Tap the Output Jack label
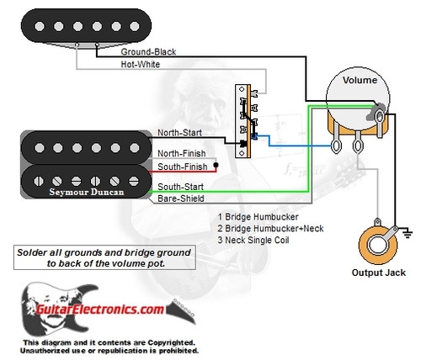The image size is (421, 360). (378, 273)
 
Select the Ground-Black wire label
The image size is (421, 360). (148, 51)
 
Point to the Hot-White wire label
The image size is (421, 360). (141, 64)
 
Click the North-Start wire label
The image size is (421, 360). (179, 133)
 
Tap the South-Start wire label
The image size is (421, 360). (180, 186)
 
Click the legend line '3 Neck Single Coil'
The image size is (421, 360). (252, 239)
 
